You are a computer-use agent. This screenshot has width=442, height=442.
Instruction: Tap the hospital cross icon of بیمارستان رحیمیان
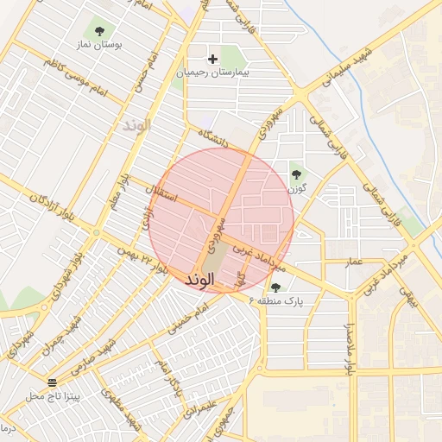[213, 59]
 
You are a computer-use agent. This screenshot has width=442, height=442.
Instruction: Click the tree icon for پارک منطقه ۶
[275, 287]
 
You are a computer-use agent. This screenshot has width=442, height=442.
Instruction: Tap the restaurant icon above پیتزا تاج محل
[54, 382]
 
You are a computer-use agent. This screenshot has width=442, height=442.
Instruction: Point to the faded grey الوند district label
[136, 125]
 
